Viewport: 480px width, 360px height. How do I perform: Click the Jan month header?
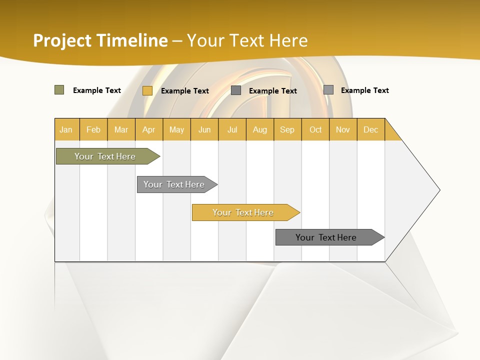(x=66, y=129)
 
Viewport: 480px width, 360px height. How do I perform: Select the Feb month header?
(x=93, y=129)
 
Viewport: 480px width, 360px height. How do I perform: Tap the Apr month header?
(x=149, y=129)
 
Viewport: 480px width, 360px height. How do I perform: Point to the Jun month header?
(x=204, y=129)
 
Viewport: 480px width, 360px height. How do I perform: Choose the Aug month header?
(x=260, y=129)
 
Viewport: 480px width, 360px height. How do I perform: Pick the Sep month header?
(x=287, y=129)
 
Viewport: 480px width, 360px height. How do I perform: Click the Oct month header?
(x=315, y=129)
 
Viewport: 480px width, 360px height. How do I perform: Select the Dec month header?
(x=371, y=129)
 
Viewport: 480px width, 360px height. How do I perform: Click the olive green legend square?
(x=59, y=90)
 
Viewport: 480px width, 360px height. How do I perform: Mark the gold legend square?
(x=147, y=90)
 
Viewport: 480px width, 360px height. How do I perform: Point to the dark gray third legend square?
(x=236, y=90)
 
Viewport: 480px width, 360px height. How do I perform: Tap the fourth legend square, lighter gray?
(x=328, y=90)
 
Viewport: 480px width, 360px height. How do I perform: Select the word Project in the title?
(x=62, y=40)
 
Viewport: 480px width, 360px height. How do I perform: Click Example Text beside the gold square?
(x=185, y=91)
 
